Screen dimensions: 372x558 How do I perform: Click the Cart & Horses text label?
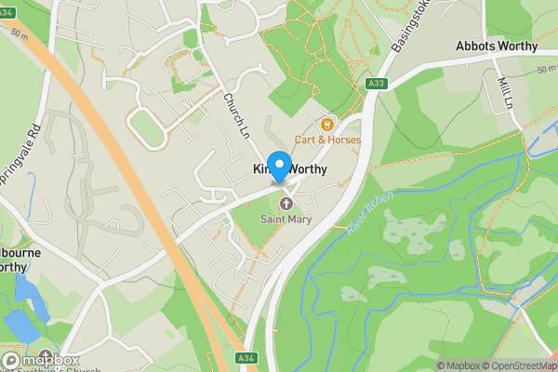327,139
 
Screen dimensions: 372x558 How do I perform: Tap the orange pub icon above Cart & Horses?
326,124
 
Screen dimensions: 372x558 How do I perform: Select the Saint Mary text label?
286,219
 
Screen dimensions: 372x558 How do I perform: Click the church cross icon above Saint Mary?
286,204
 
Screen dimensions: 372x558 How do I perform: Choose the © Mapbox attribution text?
457,365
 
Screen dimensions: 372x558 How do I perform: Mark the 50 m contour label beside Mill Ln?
545,69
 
